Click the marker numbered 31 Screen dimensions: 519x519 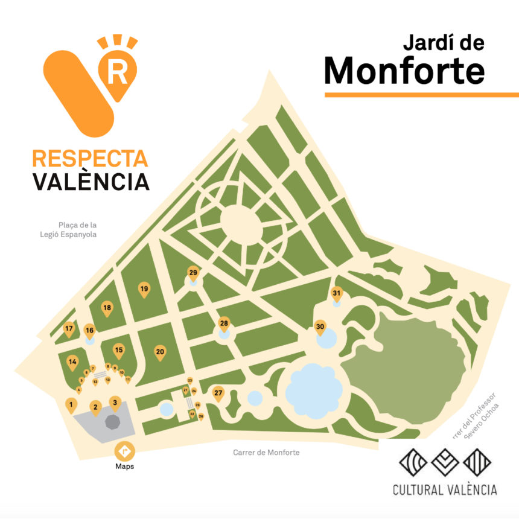(337, 294)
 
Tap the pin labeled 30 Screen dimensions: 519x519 (320, 328)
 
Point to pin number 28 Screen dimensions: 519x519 (224, 324)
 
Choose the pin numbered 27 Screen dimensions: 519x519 (218, 393)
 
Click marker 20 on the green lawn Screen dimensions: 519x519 (160, 352)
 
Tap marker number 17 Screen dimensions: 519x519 (69, 330)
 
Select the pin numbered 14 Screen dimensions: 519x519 (72, 362)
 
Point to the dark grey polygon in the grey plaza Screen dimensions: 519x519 (113, 421)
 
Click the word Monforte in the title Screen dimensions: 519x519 (404, 71)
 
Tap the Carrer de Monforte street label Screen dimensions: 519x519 (266, 453)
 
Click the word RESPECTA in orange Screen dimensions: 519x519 (90, 158)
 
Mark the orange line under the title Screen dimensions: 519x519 (421, 94)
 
